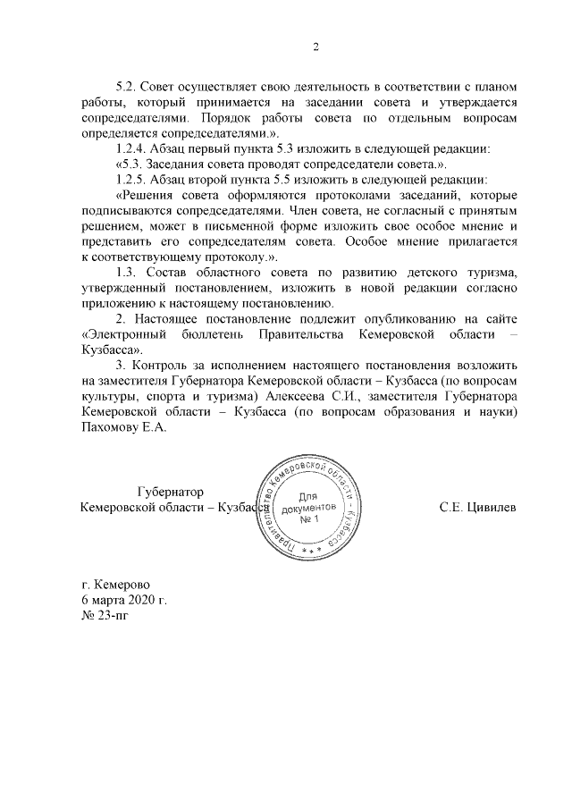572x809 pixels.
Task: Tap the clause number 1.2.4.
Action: [x=132, y=148]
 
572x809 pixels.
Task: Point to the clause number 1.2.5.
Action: [x=132, y=180]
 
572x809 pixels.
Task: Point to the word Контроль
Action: [x=167, y=367]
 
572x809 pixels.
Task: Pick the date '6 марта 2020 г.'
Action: [x=123, y=598]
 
